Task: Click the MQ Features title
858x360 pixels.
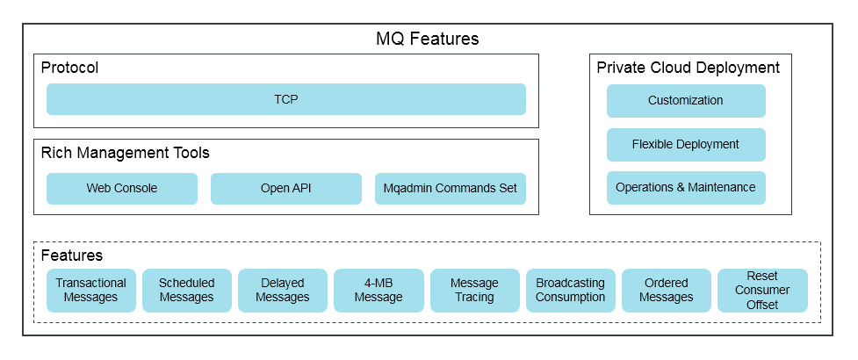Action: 428,39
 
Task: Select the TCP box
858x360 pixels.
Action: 286,99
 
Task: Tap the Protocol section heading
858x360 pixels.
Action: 69,68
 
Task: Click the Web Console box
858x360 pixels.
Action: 121,189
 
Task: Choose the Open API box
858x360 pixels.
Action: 286,189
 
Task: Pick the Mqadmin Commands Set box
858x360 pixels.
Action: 451,189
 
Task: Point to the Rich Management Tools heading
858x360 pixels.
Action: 126,153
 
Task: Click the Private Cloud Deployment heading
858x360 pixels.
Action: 688,68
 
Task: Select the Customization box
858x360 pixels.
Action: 686,101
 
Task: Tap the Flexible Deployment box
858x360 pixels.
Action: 686,144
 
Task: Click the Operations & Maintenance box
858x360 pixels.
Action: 686,188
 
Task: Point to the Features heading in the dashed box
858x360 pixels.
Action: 72,256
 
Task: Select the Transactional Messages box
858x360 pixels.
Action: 90,291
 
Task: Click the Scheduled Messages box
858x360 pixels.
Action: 186,291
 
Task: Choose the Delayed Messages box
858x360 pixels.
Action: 283,291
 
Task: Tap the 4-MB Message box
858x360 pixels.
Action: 379,291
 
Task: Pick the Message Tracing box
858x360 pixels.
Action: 475,291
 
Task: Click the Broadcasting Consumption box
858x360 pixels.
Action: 571,291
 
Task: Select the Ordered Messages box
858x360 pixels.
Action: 667,291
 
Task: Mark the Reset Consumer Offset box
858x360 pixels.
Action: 762,291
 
